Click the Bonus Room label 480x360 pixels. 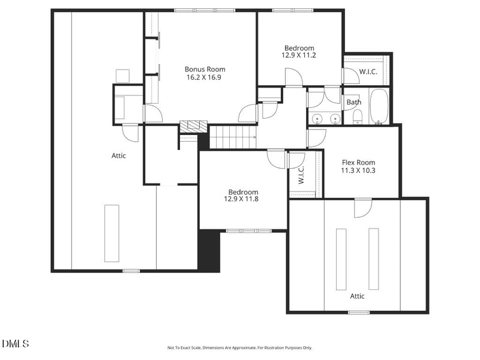(205, 70)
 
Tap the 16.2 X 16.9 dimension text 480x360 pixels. (204, 77)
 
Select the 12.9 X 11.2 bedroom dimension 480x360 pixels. (299, 55)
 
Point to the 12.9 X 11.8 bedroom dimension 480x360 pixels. (241, 199)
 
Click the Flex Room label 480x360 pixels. (358, 163)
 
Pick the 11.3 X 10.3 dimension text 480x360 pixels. (358, 170)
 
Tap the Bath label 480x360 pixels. (354, 102)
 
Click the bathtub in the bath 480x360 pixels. (379, 107)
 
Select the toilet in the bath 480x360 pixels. (358, 117)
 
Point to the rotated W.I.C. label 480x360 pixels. (301, 175)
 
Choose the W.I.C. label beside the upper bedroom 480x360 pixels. (368, 72)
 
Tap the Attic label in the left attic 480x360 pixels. (119, 156)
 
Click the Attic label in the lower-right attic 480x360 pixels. (357, 296)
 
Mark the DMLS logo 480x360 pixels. (16, 344)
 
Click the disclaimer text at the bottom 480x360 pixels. (239, 348)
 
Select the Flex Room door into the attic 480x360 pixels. (363, 208)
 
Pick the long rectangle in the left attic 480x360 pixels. (112, 233)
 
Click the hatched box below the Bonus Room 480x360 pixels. (193, 127)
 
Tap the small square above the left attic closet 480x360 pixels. (122, 76)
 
